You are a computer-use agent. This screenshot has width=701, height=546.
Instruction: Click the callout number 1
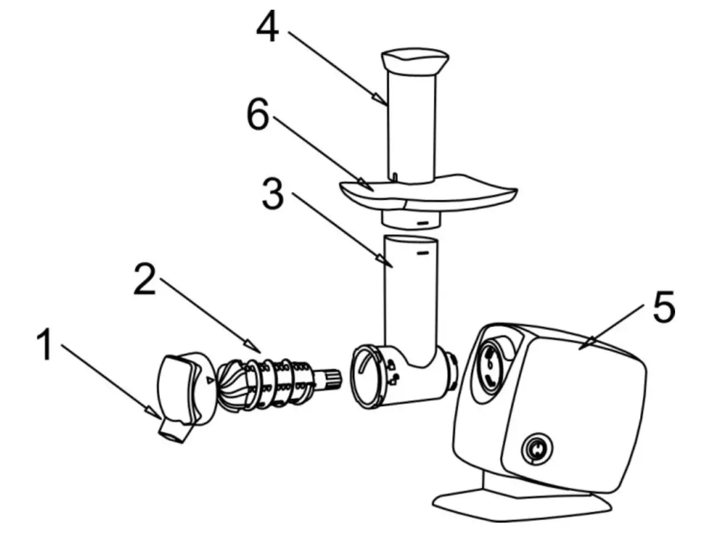(45, 346)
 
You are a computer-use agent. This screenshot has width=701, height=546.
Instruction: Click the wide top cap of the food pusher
(415, 60)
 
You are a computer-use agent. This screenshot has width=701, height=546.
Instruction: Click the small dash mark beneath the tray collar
(422, 222)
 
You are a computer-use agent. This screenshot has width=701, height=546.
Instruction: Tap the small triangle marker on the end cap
(208, 380)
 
